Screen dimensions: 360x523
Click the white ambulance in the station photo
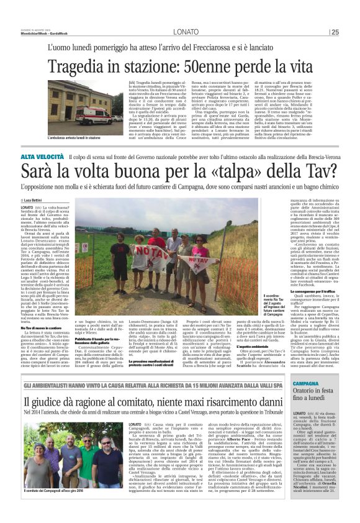click(x=89, y=113)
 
